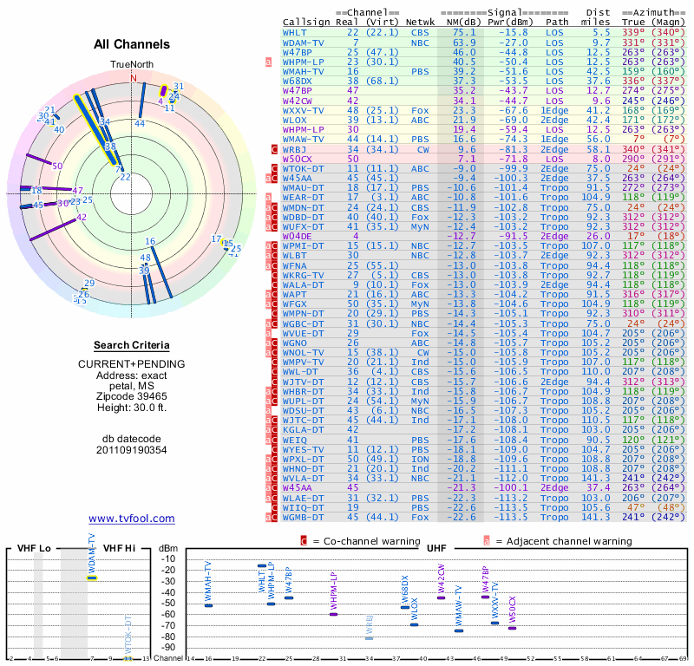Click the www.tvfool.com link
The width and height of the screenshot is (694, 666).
[131, 519]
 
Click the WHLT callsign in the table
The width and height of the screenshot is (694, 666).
[294, 32]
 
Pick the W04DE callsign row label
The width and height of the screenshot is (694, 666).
[297, 236]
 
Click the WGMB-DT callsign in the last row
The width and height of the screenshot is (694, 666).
[304, 517]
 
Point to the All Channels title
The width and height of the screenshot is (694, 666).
[132, 44]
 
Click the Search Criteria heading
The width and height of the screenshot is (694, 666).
[132, 345]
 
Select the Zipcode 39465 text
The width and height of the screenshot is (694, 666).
[132, 395]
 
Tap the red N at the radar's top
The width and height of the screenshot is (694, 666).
[134, 77]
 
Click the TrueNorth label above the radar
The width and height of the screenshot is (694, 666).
[132, 65]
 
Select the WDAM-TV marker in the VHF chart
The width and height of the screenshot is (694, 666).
[92, 578]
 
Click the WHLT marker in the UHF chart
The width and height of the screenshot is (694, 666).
[262, 566]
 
